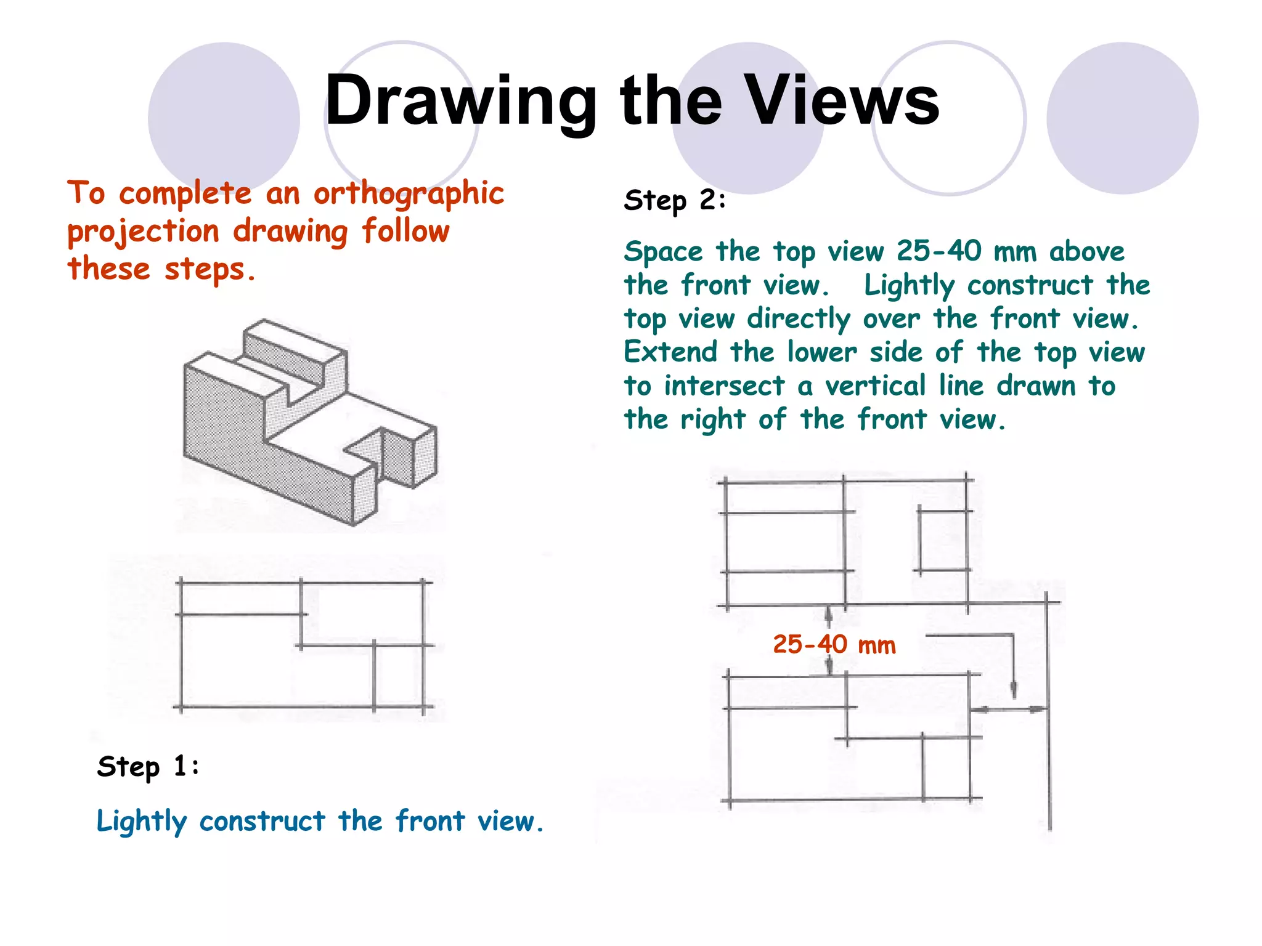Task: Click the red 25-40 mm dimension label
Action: click(x=834, y=645)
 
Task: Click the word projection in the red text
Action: click(x=143, y=233)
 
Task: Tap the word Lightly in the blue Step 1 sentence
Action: click(x=141, y=822)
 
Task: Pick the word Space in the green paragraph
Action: click(x=663, y=252)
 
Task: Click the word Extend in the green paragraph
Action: click(x=670, y=352)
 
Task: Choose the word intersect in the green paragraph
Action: click(x=724, y=387)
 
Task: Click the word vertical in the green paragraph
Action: click(x=875, y=386)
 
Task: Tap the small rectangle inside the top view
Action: click(x=943, y=540)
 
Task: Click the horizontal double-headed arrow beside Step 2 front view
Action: click(x=1009, y=709)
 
